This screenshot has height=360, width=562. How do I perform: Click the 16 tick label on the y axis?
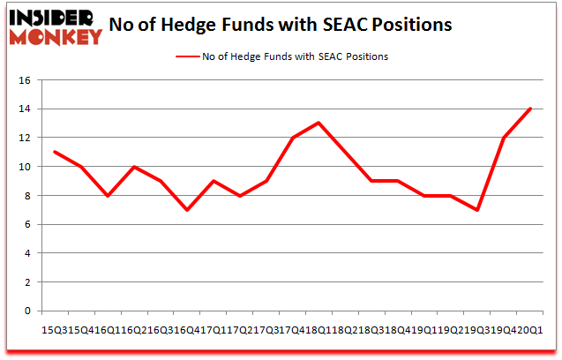tap(26, 80)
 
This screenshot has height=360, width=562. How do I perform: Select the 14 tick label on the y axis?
tap(26, 109)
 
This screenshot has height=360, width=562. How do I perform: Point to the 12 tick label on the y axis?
tap(26, 138)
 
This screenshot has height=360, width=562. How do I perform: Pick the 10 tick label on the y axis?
tap(26, 167)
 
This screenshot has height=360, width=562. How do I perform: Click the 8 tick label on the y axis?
tap(28, 196)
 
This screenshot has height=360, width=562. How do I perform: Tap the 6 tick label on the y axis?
tap(28, 224)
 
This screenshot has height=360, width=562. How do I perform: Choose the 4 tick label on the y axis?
tap(28, 253)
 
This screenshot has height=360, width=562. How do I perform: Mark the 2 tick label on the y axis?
tap(28, 282)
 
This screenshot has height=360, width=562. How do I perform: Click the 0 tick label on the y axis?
tap(28, 311)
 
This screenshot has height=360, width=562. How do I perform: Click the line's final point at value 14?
tap(529, 109)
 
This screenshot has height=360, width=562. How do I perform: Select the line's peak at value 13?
tap(318, 123)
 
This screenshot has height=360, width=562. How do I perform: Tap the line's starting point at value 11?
tap(55, 152)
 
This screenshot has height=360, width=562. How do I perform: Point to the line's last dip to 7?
tap(476, 210)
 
